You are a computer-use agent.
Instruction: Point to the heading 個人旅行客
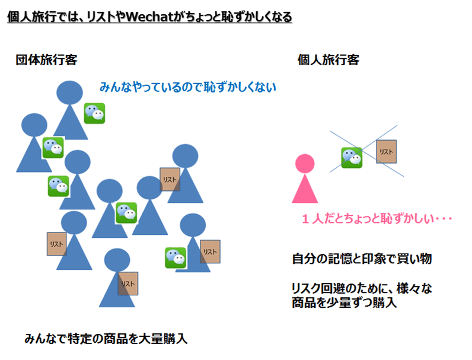coord(328,60)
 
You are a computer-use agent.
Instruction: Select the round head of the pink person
coord(305,163)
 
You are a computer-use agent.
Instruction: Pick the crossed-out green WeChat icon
coord(352,158)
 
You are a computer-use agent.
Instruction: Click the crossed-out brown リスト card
coord(387,152)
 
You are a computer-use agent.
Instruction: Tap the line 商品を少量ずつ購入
coord(344,302)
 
